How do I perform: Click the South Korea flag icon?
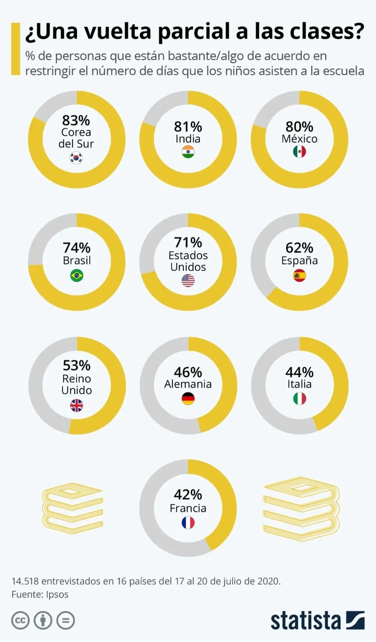[x=76, y=158]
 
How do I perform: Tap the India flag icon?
[x=188, y=152]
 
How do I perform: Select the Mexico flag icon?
[x=299, y=152]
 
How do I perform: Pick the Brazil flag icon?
[x=77, y=275]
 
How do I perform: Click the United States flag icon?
[x=188, y=280]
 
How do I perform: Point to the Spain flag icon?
[x=299, y=275]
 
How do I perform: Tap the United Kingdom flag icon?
[x=77, y=405]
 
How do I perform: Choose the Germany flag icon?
[x=188, y=399]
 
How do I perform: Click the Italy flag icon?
[x=299, y=399]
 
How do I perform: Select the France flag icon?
[x=188, y=522]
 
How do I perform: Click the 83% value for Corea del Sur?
[x=76, y=120]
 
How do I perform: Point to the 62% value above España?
[x=299, y=248]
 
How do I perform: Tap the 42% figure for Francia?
[x=188, y=494]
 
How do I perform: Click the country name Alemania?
[x=188, y=384]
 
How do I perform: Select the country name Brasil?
[x=77, y=260]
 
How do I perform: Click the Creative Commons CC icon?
[x=20, y=621]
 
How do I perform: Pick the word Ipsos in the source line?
[x=57, y=595]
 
